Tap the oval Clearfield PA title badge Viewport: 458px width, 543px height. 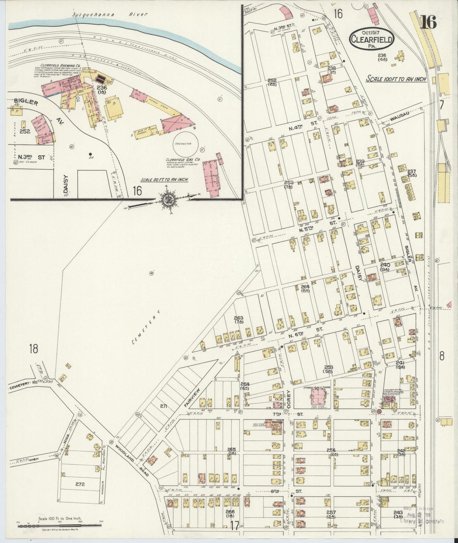(371, 38)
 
